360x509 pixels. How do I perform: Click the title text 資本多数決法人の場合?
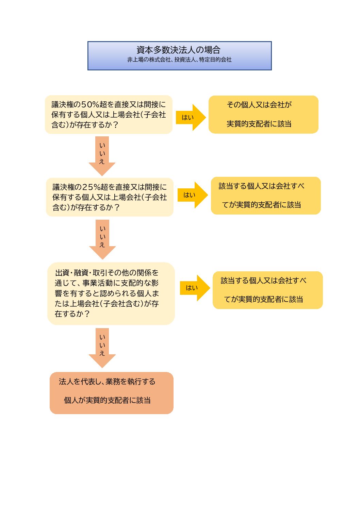[x=178, y=50]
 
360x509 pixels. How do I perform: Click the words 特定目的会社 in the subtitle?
[x=215, y=60]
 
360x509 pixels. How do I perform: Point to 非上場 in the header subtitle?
[x=134, y=60]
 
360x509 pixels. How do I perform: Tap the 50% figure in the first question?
[x=90, y=105]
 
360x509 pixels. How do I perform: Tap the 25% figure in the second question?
[x=92, y=187]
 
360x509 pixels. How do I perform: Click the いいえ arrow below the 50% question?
[x=102, y=155]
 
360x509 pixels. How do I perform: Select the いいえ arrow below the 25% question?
[x=102, y=238]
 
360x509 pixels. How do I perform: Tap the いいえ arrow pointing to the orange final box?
[x=102, y=346]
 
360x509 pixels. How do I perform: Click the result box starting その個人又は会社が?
[x=263, y=115]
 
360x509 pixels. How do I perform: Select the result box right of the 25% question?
[x=265, y=196]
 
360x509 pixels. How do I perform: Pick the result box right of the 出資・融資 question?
[x=267, y=290]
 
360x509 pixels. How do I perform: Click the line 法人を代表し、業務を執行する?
[x=107, y=382]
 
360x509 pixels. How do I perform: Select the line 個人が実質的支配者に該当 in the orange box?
[x=107, y=401]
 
